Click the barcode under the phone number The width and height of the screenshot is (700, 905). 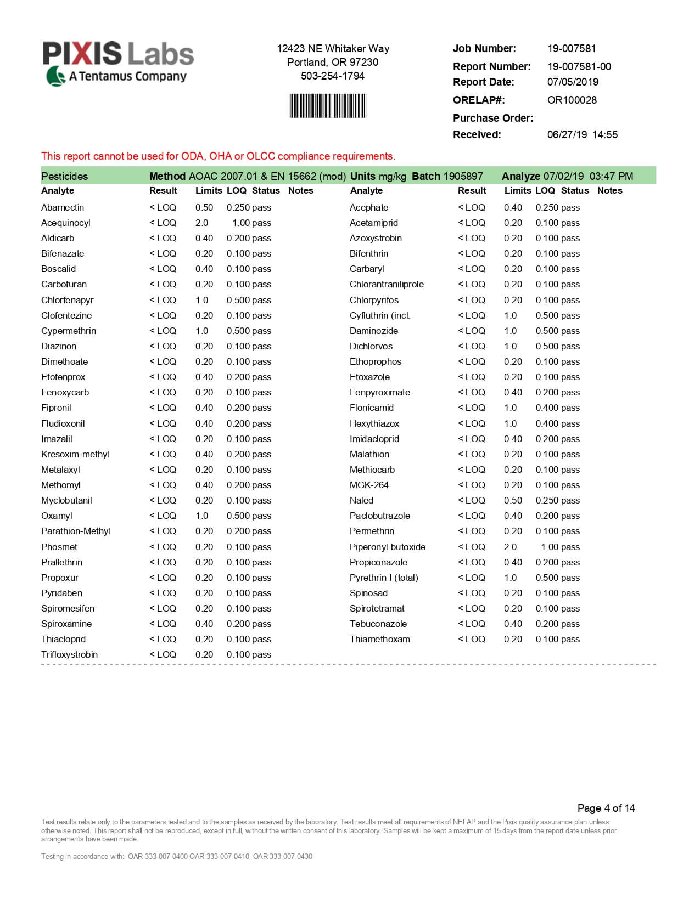(328, 106)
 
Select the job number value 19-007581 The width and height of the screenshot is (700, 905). (571, 49)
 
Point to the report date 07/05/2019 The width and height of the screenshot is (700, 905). (573, 82)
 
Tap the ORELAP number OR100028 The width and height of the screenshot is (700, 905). (572, 100)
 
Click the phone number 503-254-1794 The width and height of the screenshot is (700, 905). (332, 76)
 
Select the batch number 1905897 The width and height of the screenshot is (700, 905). (463, 177)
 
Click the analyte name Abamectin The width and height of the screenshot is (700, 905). (63, 208)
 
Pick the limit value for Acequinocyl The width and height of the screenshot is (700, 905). (201, 223)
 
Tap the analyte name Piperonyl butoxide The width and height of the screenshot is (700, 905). (387, 547)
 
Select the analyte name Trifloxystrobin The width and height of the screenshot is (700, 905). (69, 655)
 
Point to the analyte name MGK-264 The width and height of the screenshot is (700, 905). (369, 485)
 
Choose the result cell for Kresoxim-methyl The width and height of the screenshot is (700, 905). (163, 455)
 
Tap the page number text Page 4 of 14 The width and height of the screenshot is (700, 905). (606, 808)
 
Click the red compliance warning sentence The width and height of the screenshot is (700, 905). (218, 156)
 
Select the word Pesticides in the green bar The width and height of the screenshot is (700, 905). (64, 177)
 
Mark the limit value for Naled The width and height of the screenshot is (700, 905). (513, 501)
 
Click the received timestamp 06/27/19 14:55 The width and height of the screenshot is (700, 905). (582, 135)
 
